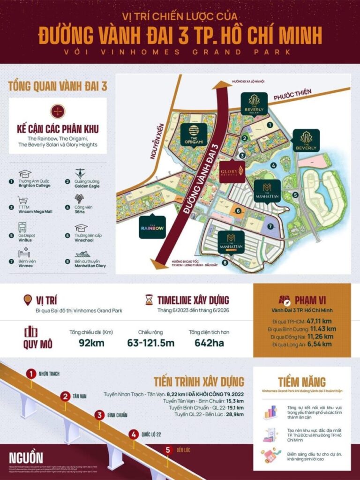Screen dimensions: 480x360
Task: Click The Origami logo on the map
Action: click(193, 135)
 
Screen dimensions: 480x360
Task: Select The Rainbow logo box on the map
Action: click(153, 227)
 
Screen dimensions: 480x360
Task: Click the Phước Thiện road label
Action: click(292, 95)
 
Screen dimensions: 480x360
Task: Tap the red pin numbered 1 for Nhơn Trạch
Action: click(31, 374)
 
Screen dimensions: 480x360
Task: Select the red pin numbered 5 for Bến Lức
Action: click(168, 450)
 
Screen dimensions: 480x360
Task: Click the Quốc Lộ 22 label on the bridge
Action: click(151, 434)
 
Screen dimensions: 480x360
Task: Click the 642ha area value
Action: click(209, 343)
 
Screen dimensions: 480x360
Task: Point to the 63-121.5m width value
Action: click(150, 343)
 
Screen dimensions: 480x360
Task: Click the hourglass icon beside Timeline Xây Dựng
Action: click(149, 300)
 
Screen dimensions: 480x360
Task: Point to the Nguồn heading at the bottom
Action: click(26, 457)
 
